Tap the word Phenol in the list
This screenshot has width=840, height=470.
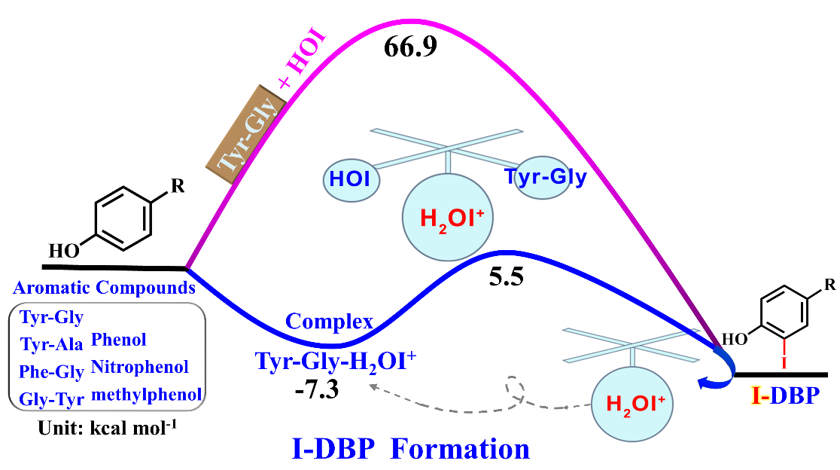click(x=118, y=340)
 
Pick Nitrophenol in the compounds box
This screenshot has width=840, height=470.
click(x=139, y=367)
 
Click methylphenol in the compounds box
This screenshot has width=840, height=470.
click(x=146, y=394)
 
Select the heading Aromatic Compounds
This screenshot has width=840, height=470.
click(x=105, y=287)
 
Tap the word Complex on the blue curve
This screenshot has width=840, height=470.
click(x=329, y=322)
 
